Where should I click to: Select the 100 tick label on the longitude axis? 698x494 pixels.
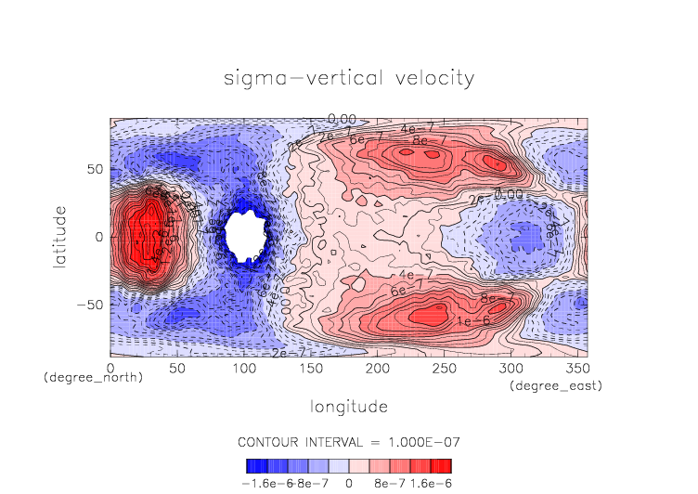(x=243, y=369)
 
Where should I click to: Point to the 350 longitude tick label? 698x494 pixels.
(x=576, y=369)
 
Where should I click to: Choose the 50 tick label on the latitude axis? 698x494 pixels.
(x=94, y=170)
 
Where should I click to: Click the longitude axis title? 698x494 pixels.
(x=348, y=407)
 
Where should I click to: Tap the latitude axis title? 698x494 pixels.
(x=60, y=238)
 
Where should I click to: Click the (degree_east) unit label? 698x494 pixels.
(x=555, y=385)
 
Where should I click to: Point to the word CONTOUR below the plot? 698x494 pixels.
(x=269, y=441)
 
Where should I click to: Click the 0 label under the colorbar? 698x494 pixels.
(x=349, y=483)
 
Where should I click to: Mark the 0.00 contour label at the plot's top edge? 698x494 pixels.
(x=342, y=119)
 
